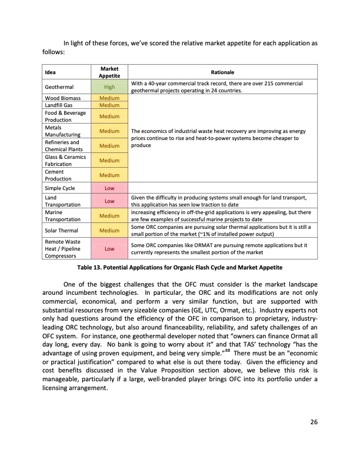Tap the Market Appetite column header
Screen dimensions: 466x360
coord(109,72)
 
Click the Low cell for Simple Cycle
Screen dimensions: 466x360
coord(109,188)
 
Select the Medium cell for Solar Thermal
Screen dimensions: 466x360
coord(109,231)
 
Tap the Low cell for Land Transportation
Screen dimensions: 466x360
coord(109,201)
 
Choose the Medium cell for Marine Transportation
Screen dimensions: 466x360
coord(109,216)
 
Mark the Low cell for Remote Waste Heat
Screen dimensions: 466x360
coord(109,249)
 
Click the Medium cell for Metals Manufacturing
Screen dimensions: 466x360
coord(109,131)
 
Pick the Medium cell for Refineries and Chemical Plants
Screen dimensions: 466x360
coord(109,145)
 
